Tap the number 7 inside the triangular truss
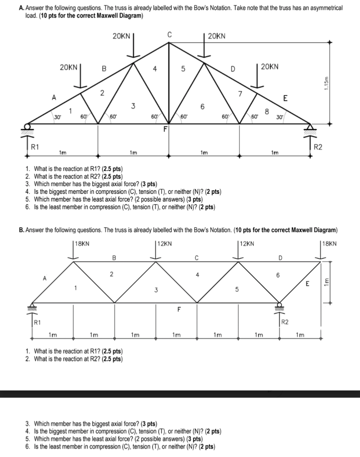[x=240, y=93]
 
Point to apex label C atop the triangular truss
[x=169, y=34]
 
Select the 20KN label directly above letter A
[x=68, y=67]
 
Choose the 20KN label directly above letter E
[x=270, y=67]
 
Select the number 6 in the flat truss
[x=278, y=276]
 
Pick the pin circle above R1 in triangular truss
[x=28, y=126]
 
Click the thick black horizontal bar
[x=180, y=394]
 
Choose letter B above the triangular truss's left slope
[x=104, y=69]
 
